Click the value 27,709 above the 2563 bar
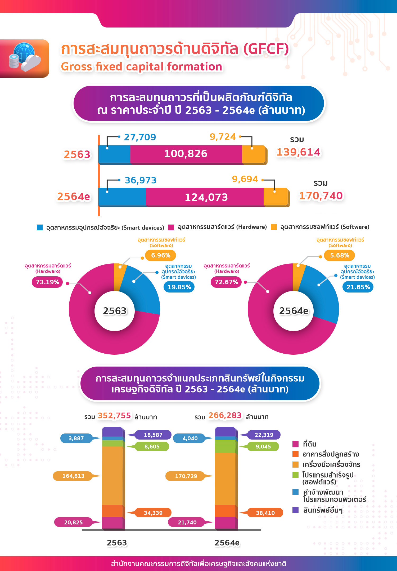[140, 137]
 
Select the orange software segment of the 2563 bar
[253, 154]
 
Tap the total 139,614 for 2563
[298, 152]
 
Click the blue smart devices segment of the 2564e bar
[122, 197]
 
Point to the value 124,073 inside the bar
[206, 197]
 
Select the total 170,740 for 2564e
[321, 196]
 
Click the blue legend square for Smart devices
[40, 227]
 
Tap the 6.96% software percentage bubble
[161, 255]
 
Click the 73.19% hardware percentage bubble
[48, 282]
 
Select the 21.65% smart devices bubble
[358, 287]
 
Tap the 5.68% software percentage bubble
[340, 255]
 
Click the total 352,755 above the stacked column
[114, 415]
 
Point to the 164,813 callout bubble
[73, 476]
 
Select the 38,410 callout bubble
[265, 513]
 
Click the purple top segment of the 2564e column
[225, 432]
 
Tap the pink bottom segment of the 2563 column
[112, 523]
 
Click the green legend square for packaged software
[295, 475]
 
